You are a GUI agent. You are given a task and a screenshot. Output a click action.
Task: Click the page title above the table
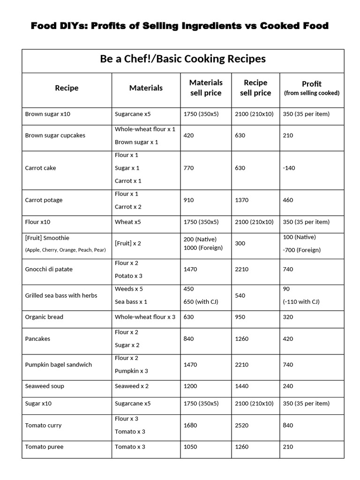coord(180,26)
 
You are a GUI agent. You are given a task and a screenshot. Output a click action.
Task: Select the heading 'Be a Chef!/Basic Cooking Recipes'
coord(183,59)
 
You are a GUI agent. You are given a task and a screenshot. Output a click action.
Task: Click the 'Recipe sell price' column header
coord(255,88)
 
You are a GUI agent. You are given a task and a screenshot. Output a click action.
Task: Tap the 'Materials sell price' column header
coord(206,88)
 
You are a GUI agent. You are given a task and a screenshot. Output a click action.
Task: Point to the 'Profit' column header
coord(312,88)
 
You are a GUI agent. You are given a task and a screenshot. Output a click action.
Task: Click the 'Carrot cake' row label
coord(41,168)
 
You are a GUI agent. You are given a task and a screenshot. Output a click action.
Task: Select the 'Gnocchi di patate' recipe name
coord(49,270)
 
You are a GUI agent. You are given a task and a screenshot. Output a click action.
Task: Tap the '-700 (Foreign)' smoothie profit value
coord(302,250)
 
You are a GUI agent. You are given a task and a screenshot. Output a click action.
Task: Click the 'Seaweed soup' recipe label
coord(45,386)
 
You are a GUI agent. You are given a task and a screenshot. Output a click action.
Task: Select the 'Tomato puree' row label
coord(44,447)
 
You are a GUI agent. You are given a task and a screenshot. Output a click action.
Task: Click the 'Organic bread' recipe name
coord(44,317)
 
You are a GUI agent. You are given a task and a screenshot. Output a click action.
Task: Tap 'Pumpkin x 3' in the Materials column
coord(132,371)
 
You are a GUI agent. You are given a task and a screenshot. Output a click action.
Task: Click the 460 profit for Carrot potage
coord(288,200)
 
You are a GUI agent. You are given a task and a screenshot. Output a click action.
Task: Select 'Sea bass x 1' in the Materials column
coord(131,302)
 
